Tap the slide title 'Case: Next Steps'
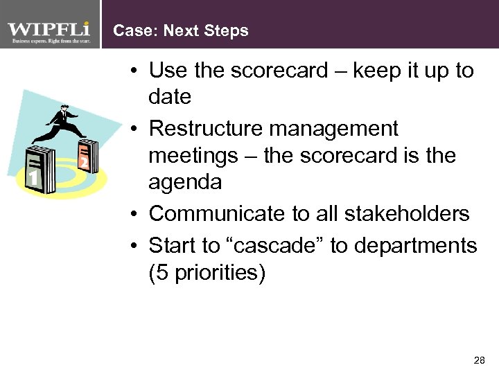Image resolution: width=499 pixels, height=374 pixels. (180, 31)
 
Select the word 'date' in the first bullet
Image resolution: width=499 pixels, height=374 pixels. (170, 97)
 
